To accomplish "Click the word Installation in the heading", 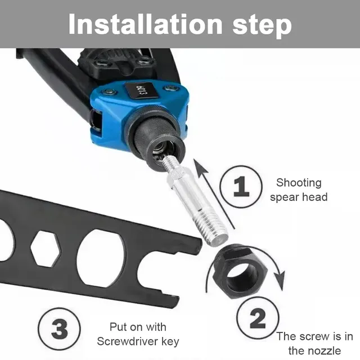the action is (145, 24).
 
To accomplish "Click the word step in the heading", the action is (262, 26).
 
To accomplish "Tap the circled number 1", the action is (241, 186).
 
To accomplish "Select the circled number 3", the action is (59, 329).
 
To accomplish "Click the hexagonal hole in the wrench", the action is (46, 249).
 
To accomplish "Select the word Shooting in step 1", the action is (299, 183).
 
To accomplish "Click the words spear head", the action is (299, 197).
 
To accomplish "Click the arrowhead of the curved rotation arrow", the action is (280, 280).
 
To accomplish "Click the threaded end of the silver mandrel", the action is (211, 229).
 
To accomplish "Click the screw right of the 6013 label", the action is (170, 88).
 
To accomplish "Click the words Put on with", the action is (138, 327).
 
